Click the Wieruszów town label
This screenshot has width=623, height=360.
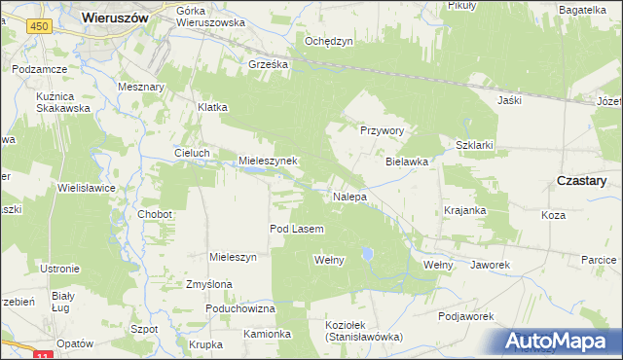pos(114,17)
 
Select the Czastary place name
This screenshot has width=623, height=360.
pos(581,181)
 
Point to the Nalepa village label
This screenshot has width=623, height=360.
pos(349,197)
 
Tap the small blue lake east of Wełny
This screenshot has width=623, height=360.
pos(367,254)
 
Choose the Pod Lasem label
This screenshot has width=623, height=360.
pos(296,229)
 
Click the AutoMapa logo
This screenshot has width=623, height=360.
pos(559,342)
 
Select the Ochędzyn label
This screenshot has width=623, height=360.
pos(328,41)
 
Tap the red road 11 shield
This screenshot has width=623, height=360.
pos(40,356)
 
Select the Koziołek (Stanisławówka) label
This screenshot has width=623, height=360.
pos(364,330)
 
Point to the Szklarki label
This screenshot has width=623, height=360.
pos(475,144)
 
